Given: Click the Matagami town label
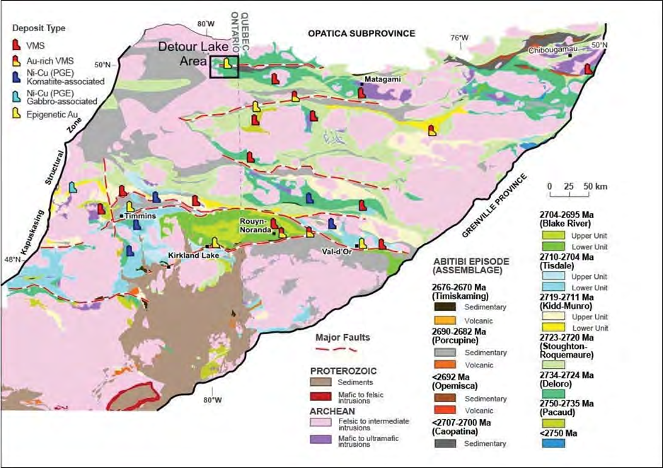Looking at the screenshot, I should pyautogui.click(x=383, y=79).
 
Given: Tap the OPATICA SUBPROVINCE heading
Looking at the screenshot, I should pyautogui.click(x=361, y=33).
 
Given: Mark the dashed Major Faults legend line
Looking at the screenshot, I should pyautogui.click(x=334, y=348).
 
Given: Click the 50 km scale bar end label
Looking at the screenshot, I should pyautogui.click(x=593, y=186).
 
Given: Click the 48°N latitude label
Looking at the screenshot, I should pyautogui.click(x=13, y=260).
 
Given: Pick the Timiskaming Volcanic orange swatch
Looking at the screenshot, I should pyautogui.click(x=446, y=320).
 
